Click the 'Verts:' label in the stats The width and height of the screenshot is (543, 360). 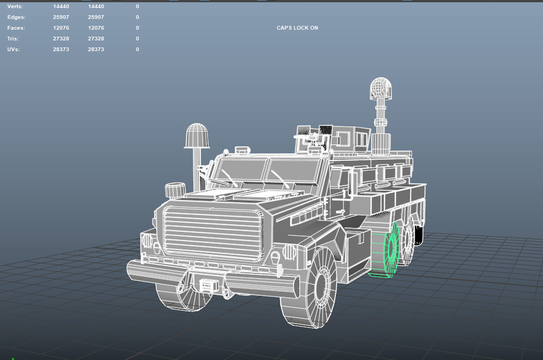pos(15,6)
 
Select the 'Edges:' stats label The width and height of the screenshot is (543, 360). pos(16,17)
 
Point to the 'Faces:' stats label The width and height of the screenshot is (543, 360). pos(16,28)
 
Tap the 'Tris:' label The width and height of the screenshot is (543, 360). pos(13,38)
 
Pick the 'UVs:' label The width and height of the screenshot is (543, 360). pos(13,49)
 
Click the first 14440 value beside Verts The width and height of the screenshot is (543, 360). pos(61,6)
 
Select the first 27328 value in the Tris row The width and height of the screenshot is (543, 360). pos(61,38)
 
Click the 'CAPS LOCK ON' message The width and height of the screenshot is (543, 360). pos(297,28)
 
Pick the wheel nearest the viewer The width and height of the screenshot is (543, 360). pos(312,286)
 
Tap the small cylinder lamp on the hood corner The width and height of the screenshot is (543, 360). pos(174,190)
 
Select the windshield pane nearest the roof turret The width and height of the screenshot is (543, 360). pos(293,172)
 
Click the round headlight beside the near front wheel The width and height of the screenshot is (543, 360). pos(289,251)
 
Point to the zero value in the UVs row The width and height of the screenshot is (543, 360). pos(137,49)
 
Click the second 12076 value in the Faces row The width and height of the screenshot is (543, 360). pos(96,28)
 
